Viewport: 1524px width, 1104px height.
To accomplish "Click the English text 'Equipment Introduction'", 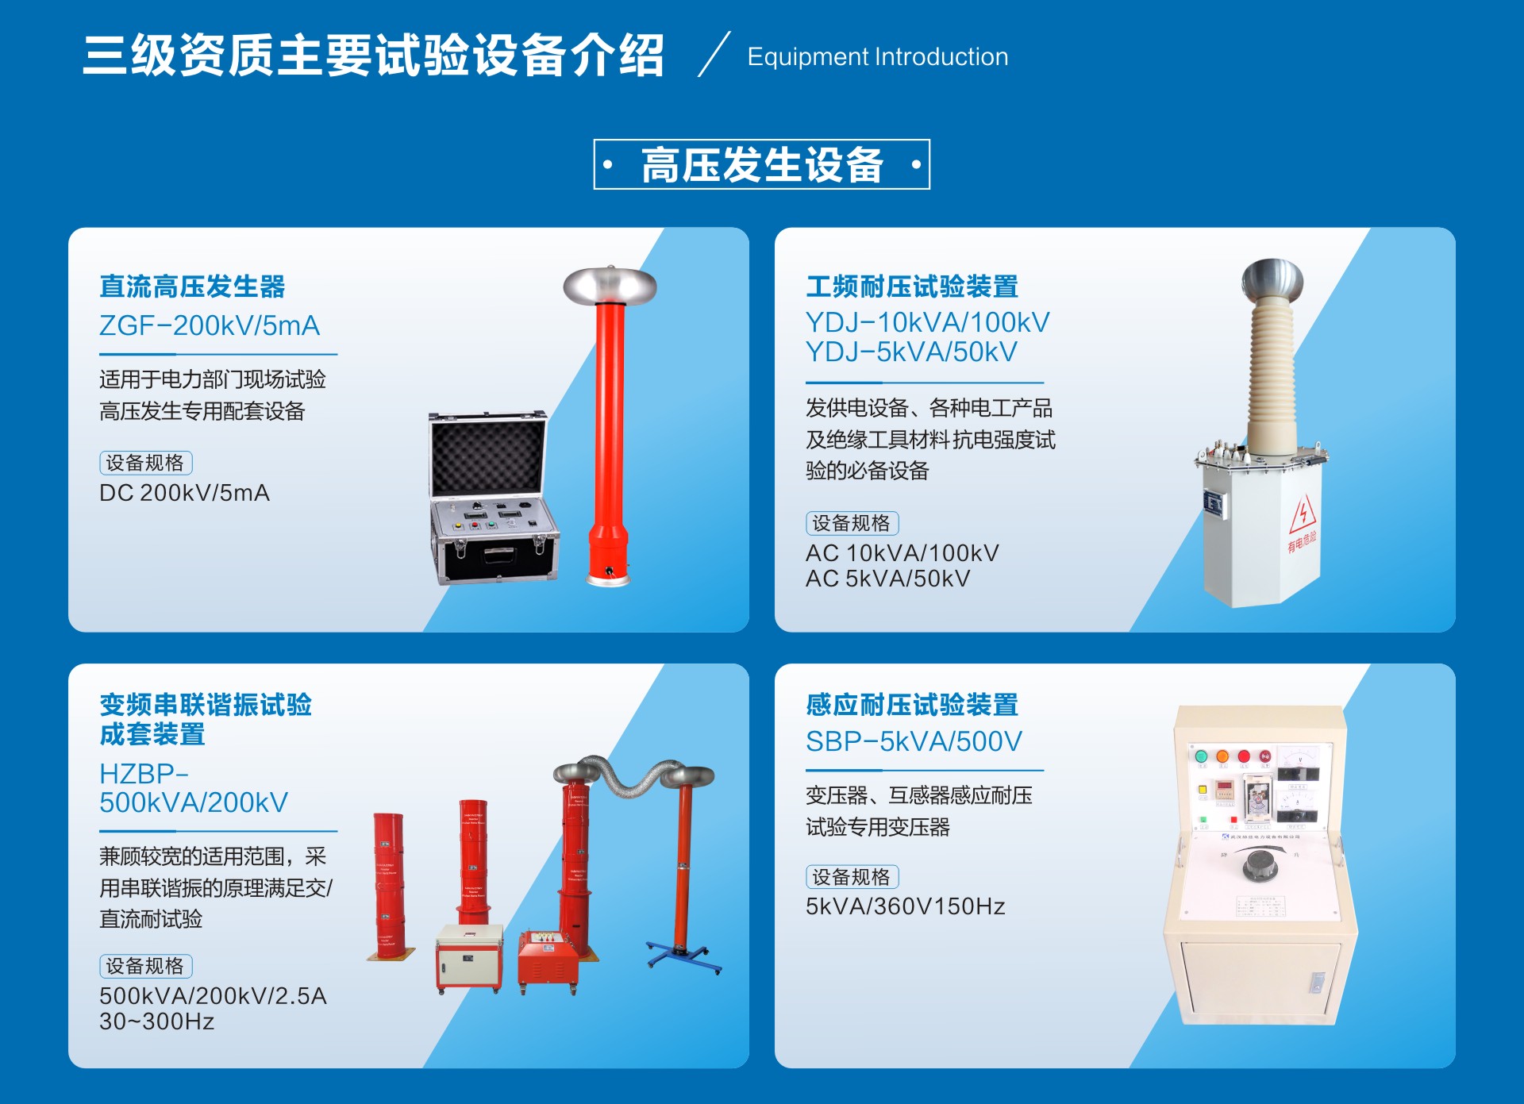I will tap(877, 57).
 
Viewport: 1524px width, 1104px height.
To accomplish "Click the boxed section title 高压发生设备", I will tap(761, 165).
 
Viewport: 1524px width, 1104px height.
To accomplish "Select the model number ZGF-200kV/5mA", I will tap(210, 325).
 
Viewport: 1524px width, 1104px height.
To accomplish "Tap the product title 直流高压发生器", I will tap(192, 287).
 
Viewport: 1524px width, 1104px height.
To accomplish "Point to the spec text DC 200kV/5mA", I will tap(184, 493).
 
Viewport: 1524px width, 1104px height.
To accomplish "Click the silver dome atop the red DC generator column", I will tap(610, 283).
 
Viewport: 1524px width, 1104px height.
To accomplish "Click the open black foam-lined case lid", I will tap(488, 455).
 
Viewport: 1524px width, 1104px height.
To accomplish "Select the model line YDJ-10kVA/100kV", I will tap(927, 322).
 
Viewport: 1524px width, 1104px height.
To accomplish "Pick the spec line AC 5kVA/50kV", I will tap(887, 579).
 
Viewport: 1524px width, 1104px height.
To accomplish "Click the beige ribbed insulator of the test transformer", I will tap(1272, 373).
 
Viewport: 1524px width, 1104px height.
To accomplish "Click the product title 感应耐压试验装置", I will tap(912, 705).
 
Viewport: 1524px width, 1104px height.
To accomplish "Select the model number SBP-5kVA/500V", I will tap(914, 741).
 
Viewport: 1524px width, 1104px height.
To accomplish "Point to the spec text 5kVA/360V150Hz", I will tap(905, 906).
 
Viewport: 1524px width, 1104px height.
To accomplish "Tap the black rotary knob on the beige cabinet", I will tap(1260, 864).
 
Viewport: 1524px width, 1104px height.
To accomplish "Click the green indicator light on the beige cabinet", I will tap(1201, 756).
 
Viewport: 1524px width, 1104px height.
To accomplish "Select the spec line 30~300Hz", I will tap(156, 1021).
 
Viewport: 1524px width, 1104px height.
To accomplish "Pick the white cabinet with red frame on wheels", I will tap(469, 956).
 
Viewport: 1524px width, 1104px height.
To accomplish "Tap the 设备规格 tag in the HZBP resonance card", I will tap(145, 966).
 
